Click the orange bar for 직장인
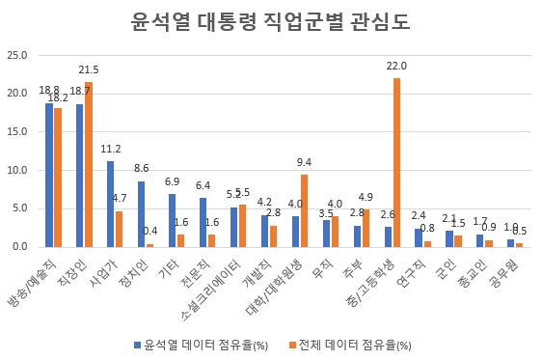point(88,164)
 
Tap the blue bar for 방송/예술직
point(49,175)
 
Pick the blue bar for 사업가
point(111,204)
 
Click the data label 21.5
point(89,69)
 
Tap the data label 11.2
point(110,149)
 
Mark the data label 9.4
point(304,162)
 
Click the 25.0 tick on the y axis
point(16,55)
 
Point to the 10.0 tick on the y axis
point(16,170)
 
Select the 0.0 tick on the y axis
point(19,247)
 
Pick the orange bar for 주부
point(366,228)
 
